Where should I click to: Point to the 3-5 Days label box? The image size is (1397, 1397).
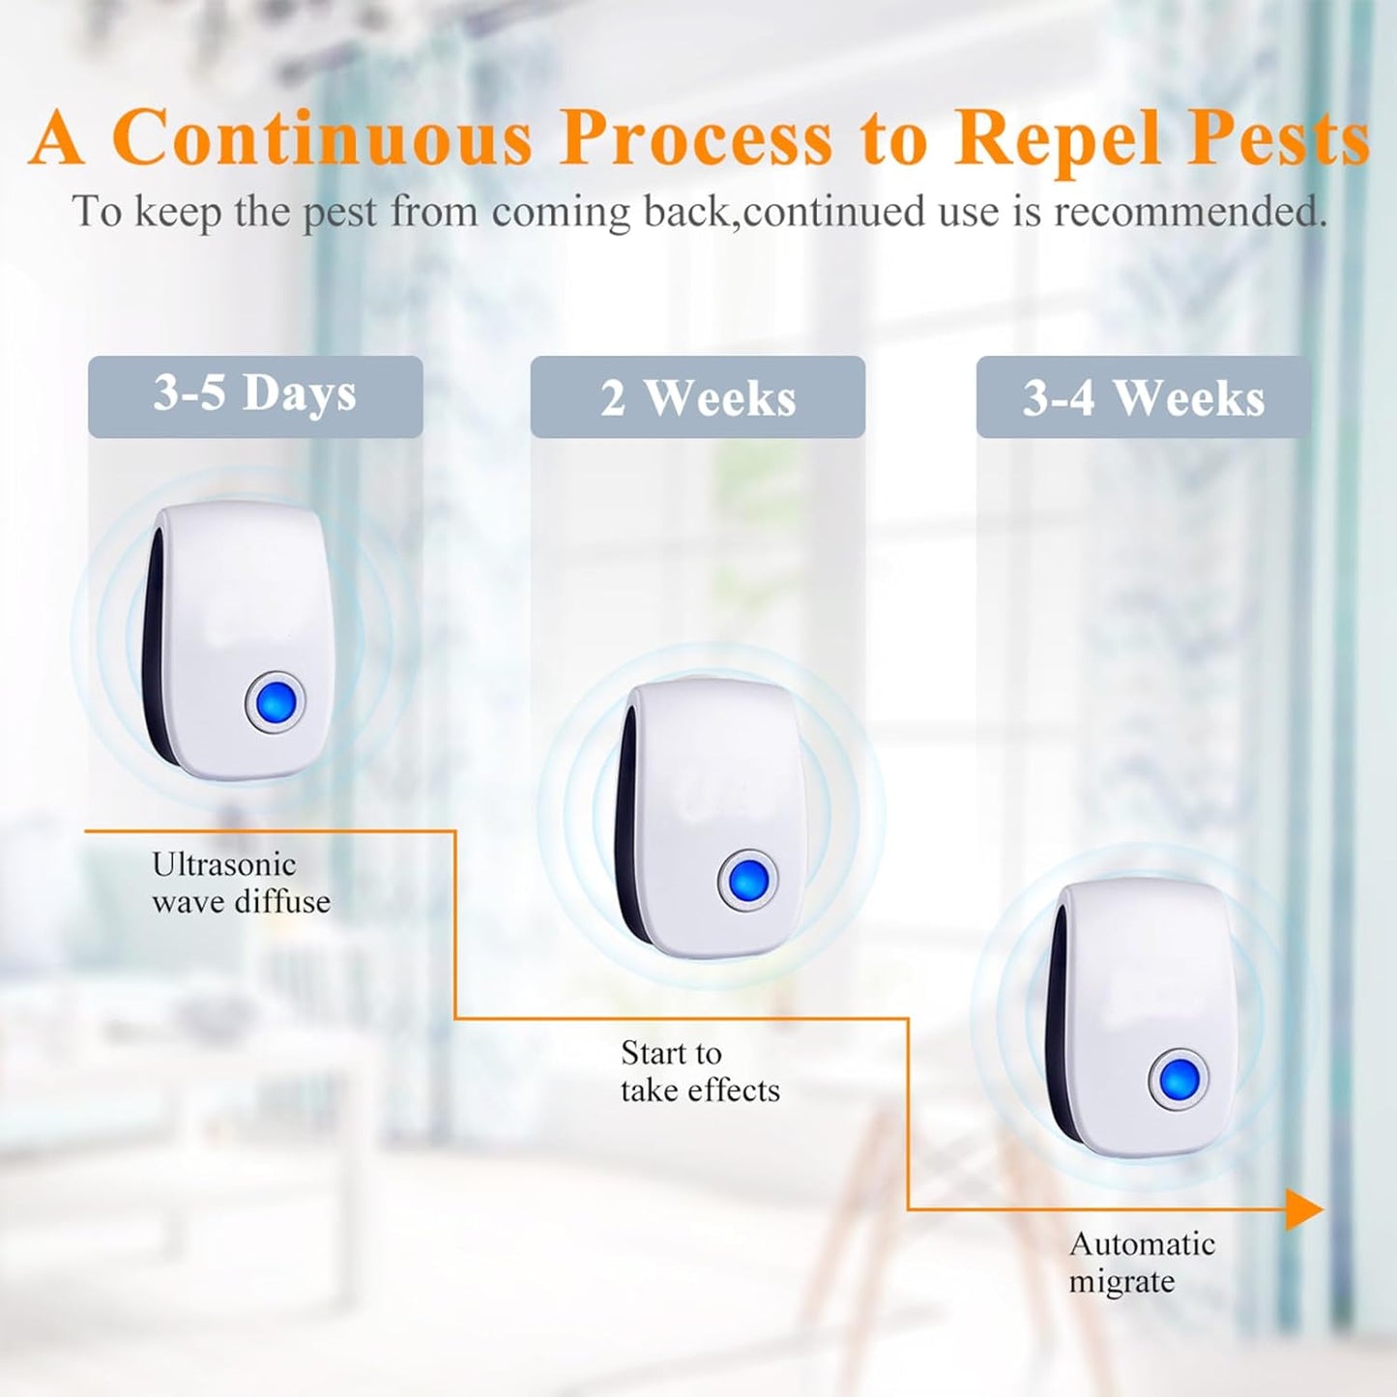[x=255, y=395]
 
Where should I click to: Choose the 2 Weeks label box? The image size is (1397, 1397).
[x=697, y=397]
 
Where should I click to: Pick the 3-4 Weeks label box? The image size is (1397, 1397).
[x=1143, y=397]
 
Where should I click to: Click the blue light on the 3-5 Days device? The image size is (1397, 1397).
[x=276, y=703]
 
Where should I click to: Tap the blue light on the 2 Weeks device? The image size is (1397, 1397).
[x=748, y=881]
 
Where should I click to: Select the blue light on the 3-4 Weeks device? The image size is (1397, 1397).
[x=1179, y=1078]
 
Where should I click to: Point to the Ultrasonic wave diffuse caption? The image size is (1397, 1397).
[x=241, y=883]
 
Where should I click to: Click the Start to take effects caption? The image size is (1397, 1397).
[x=699, y=1071]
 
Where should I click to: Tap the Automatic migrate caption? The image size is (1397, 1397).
[x=1141, y=1262]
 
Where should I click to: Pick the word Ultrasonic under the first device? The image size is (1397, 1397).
[x=223, y=864]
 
